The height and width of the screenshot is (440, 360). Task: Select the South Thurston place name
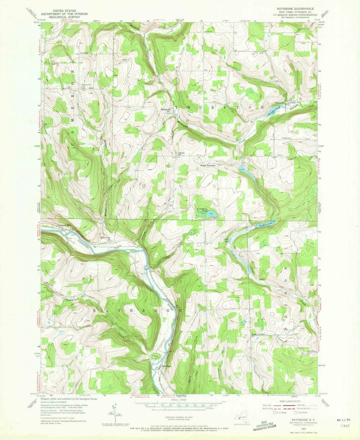coord(208,165)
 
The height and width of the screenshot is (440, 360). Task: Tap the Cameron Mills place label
coord(65,226)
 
